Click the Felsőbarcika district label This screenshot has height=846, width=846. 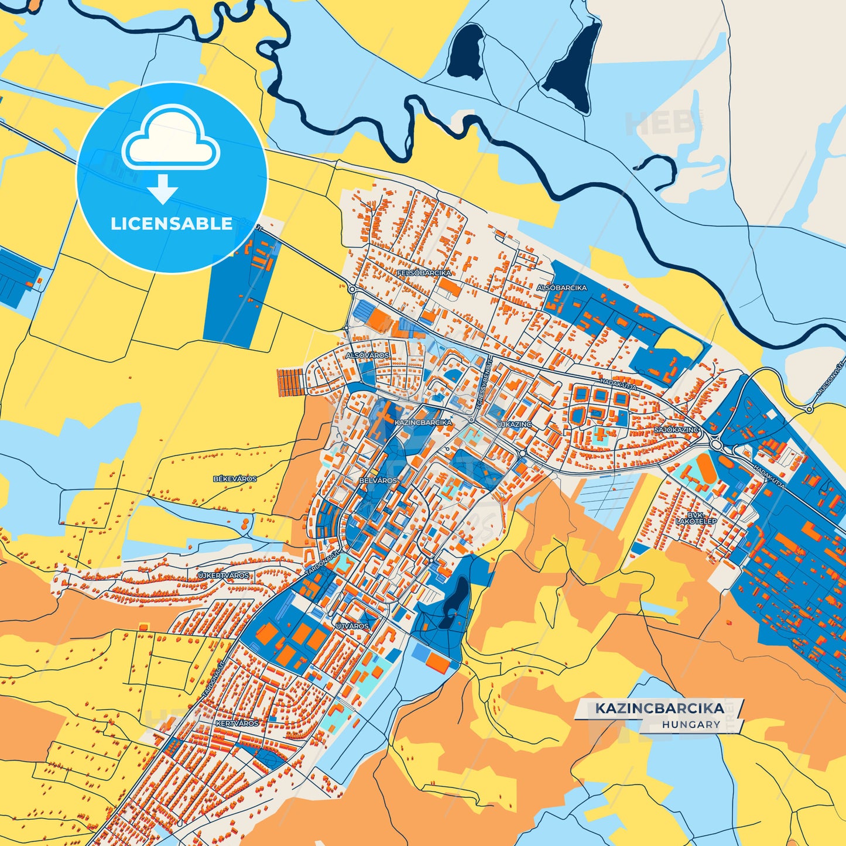[x=424, y=273]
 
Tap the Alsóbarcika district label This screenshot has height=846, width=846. [x=561, y=288]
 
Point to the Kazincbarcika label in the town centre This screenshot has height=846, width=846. [x=423, y=422]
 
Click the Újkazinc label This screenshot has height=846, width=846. [x=514, y=424]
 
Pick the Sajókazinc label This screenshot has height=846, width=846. [x=676, y=430]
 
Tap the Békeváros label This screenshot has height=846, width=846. [x=235, y=479]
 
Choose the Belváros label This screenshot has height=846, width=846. [x=378, y=480]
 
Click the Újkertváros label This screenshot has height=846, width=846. [x=224, y=576]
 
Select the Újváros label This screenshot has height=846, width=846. [x=352, y=626]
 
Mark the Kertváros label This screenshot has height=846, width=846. [x=237, y=724]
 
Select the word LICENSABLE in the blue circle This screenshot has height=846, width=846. [x=172, y=224]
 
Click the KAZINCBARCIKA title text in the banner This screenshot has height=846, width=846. [x=660, y=708]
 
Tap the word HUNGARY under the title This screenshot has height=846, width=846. [x=691, y=724]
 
